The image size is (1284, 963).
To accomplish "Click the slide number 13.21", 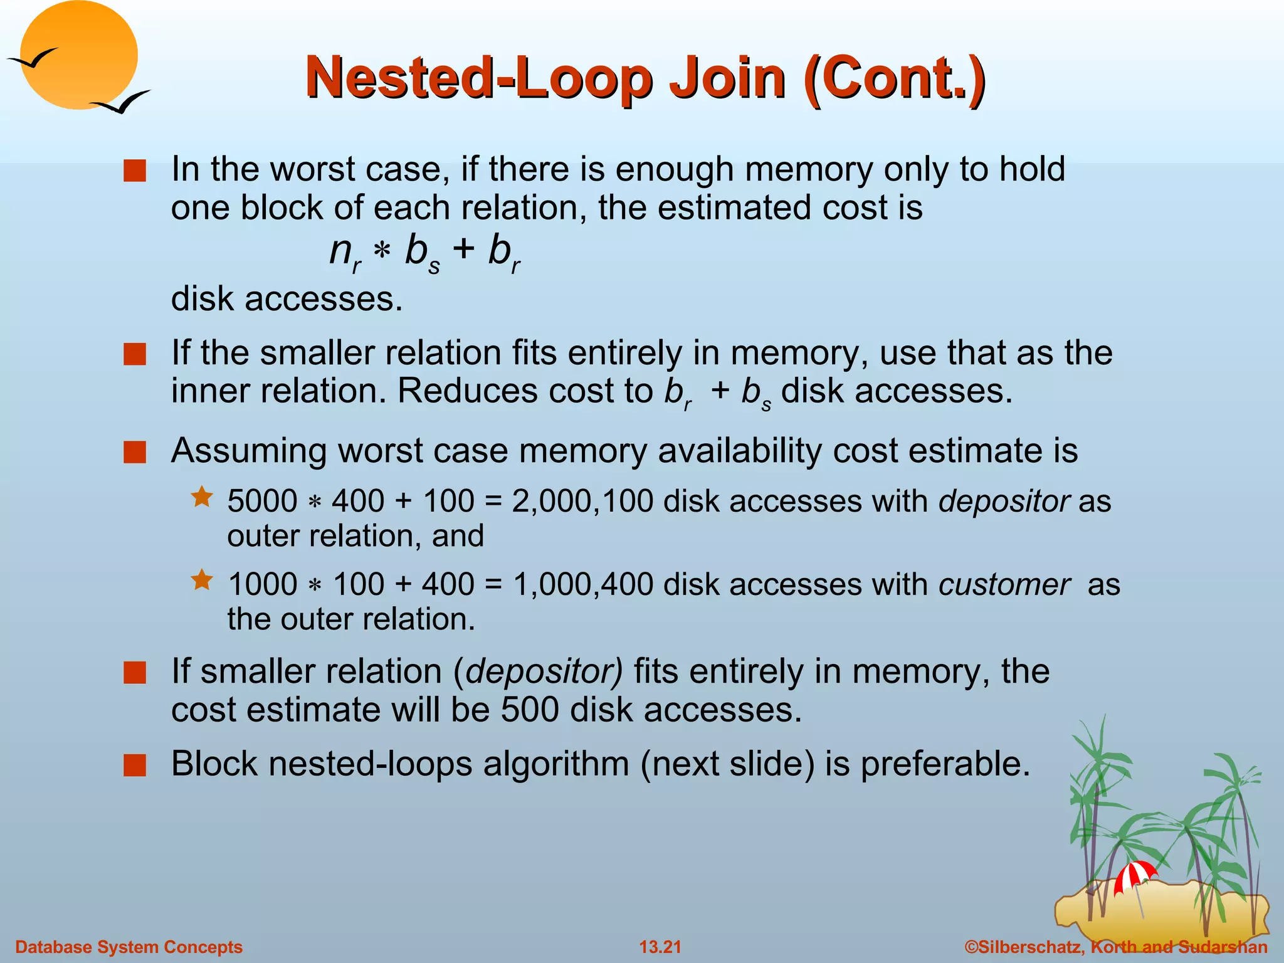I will (660, 947).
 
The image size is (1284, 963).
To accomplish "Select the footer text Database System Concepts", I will (129, 947).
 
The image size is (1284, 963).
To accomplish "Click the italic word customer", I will (1004, 584).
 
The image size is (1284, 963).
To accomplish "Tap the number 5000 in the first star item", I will (262, 502).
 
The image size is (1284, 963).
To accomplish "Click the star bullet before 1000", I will (202, 580).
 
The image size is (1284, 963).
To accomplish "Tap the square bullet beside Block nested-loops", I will (135, 765).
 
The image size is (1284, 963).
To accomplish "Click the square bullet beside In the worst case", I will (135, 171).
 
